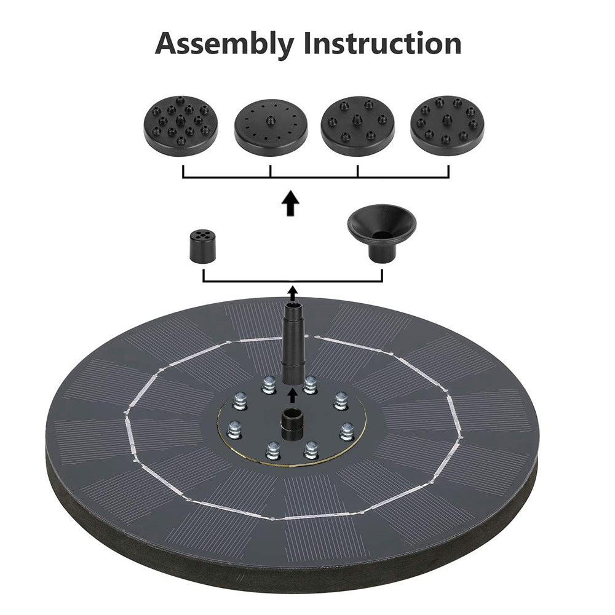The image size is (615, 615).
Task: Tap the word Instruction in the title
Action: (383, 43)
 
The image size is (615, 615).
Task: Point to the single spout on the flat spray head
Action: (270, 120)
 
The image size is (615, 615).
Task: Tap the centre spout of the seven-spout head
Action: (357, 119)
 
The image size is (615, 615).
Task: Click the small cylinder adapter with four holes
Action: (203, 246)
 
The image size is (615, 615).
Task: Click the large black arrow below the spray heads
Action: (291, 203)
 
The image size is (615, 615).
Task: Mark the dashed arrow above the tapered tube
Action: (293, 293)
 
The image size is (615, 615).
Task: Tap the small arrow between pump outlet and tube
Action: (292, 395)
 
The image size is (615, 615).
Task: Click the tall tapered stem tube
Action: (293, 342)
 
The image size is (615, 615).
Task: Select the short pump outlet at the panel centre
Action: (292, 424)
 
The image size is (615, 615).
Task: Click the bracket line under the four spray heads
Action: (315, 177)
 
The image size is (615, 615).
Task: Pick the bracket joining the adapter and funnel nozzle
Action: (293, 281)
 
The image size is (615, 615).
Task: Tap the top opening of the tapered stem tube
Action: (293, 304)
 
